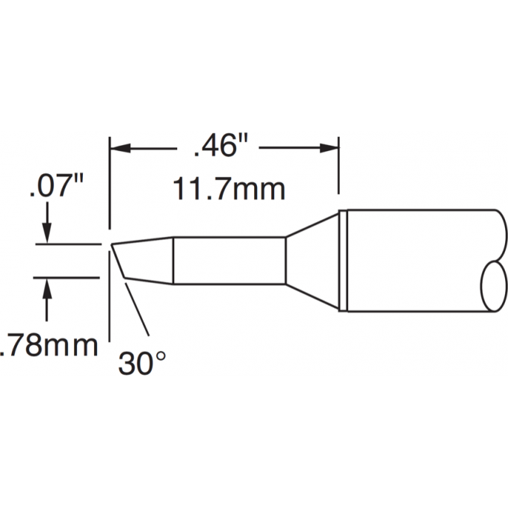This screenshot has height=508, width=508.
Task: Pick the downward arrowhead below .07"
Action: tap(48, 233)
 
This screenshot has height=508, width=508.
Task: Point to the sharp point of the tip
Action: tap(112, 244)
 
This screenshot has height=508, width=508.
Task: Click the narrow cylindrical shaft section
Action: tap(229, 261)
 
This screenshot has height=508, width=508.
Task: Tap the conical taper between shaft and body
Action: tap(312, 261)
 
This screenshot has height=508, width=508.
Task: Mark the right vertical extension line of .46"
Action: tap(339, 168)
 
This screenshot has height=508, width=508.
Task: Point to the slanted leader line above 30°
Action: tap(139, 310)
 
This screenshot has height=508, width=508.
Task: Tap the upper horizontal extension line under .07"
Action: tap(67, 244)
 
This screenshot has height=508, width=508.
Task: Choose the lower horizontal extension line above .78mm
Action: tap(67, 278)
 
